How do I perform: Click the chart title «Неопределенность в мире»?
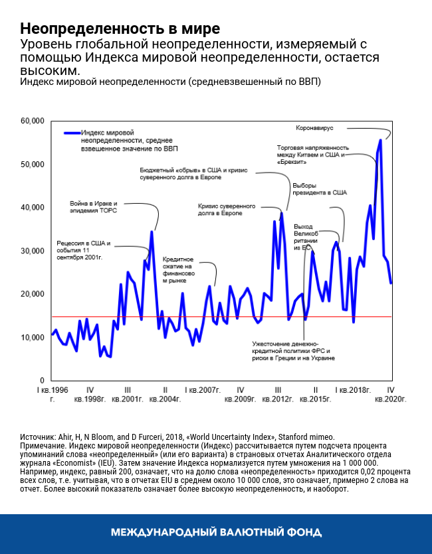[x=120, y=29]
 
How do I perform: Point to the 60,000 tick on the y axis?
[x=32, y=121]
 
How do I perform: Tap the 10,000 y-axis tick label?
[x=32, y=338]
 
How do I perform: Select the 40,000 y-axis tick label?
[x=32, y=208]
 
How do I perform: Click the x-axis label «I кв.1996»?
[x=53, y=389]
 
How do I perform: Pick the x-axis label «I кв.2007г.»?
[x=203, y=389]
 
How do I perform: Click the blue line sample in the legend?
[x=71, y=133]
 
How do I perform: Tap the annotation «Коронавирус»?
[x=313, y=127]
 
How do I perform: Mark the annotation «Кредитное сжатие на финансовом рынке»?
[x=177, y=270]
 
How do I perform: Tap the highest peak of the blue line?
[x=380, y=140]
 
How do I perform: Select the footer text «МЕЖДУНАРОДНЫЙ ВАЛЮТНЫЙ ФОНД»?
[x=216, y=532]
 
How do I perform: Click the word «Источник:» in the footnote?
[x=39, y=437]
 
